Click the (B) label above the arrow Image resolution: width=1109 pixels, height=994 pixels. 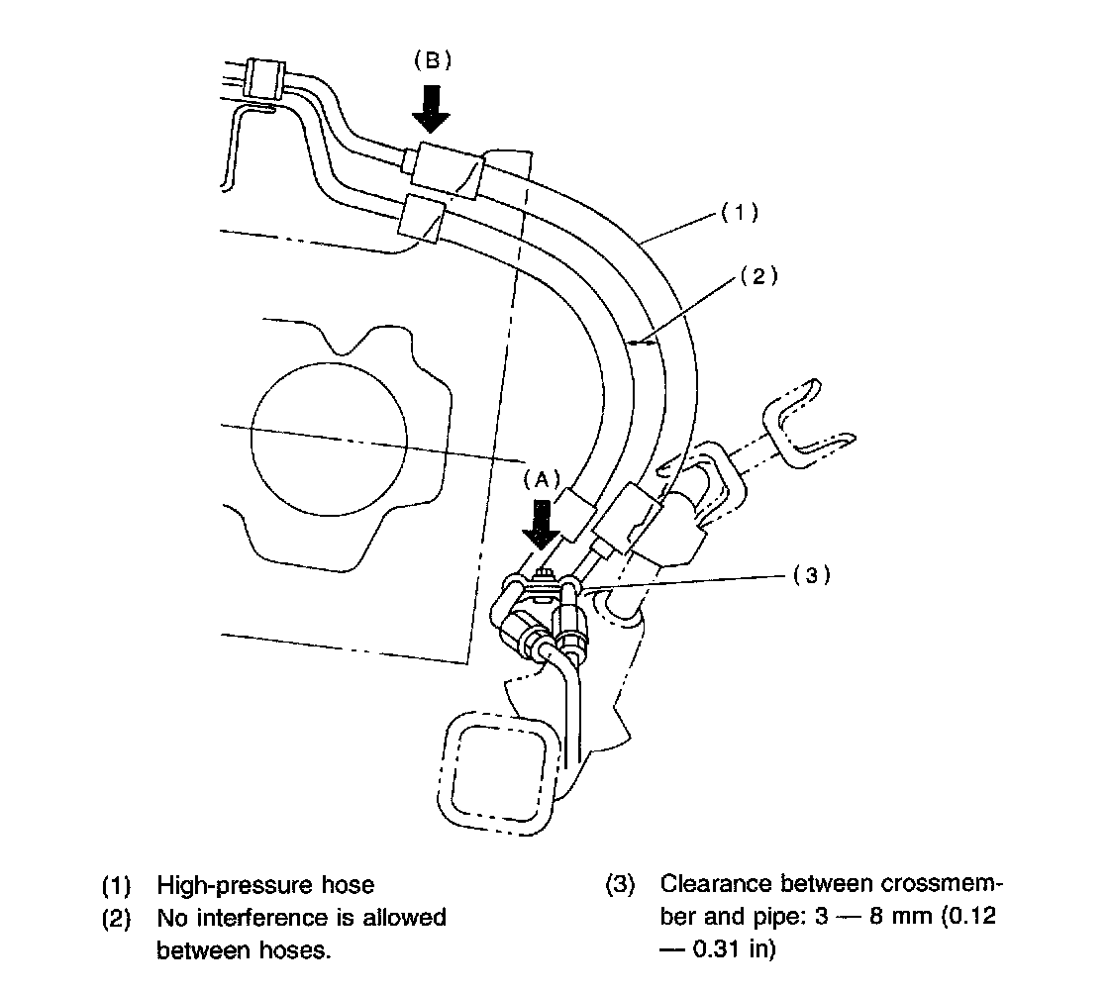coord(432,60)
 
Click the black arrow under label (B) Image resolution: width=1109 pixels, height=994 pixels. coord(431,107)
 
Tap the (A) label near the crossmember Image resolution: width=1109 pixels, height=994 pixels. coord(541,479)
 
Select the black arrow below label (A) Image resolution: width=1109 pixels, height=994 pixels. coord(542,524)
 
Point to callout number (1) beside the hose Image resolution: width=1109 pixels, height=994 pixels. coord(738,211)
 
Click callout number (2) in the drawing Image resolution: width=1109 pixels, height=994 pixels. coord(758,278)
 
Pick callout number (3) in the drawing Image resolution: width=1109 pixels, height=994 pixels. coord(811,575)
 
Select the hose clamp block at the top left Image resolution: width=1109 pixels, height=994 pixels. coord(265,79)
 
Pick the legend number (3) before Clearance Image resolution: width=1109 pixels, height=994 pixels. coord(620,884)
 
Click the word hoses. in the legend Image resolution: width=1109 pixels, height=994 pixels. coord(293,950)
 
